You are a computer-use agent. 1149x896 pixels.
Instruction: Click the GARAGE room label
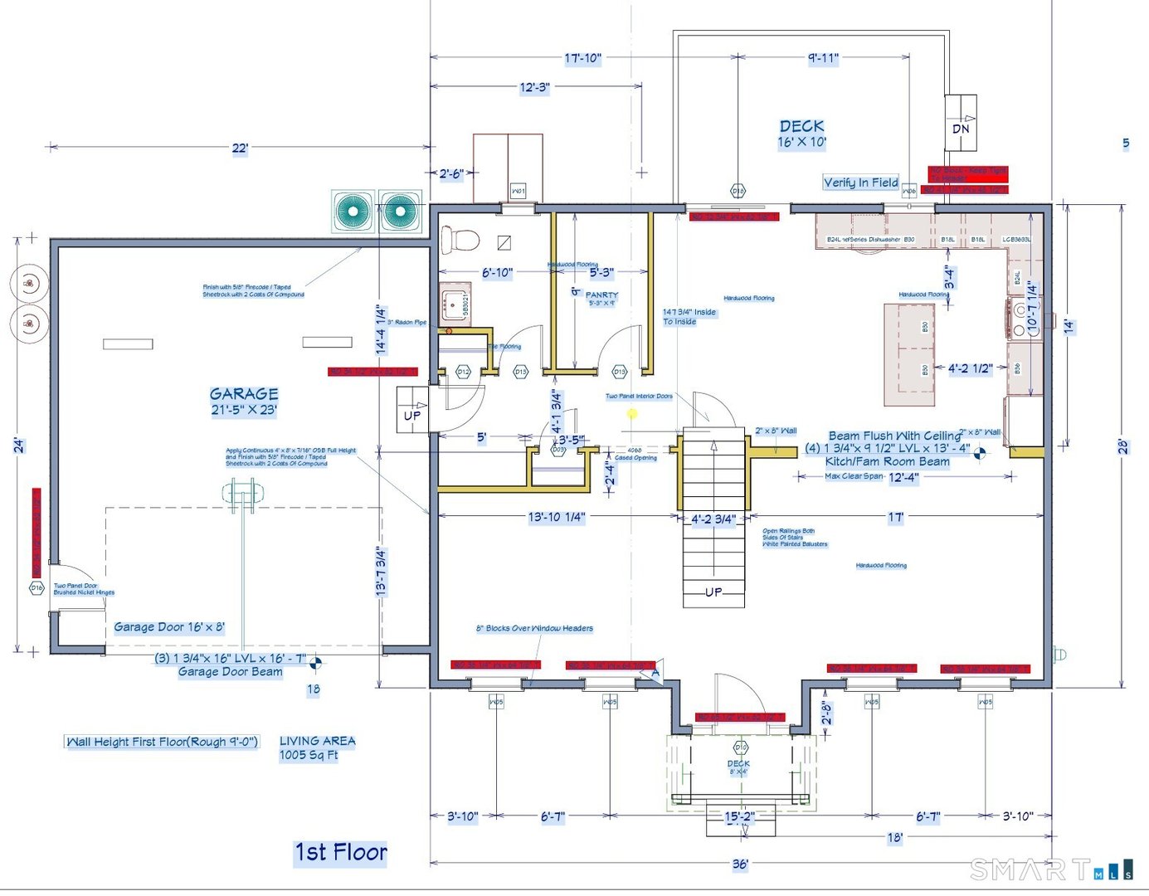coord(244,394)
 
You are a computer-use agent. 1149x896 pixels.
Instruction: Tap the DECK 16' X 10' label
coord(801,133)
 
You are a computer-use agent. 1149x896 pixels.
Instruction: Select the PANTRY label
coord(601,295)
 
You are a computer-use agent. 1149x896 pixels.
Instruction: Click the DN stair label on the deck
coord(961,129)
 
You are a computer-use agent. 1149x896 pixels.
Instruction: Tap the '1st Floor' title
coord(341,852)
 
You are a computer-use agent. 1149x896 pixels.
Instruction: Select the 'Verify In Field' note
coord(860,183)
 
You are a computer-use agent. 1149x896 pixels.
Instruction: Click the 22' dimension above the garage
coord(240,149)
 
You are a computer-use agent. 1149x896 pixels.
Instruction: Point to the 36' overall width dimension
coord(740,864)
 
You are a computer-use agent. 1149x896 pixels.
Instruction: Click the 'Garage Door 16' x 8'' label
coord(169,627)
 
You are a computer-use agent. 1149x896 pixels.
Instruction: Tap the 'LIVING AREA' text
coord(317,741)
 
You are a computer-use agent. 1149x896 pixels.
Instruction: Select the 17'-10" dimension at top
coord(582,58)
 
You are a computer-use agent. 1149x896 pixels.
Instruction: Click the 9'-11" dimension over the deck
coord(823,58)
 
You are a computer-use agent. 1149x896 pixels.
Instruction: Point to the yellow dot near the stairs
coord(632,413)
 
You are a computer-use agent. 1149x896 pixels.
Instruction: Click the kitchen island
coord(909,354)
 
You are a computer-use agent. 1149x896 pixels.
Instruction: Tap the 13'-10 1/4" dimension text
coord(557,517)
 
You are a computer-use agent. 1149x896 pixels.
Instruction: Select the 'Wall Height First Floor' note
coord(162,742)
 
